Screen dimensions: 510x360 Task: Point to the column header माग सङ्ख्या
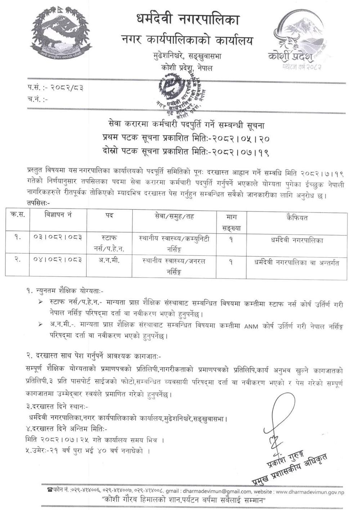(231, 222)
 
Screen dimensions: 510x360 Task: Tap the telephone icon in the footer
(50, 490)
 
